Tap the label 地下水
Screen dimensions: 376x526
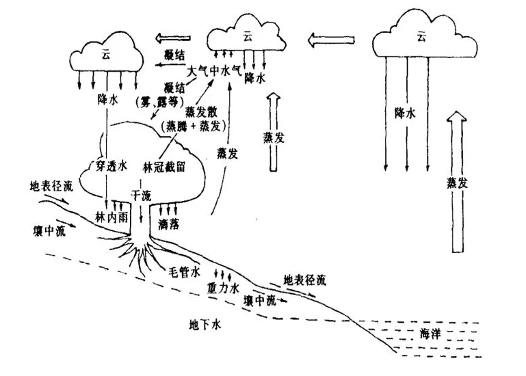pos(206,324)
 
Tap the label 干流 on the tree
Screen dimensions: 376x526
pos(141,196)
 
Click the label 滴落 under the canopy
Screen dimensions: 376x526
pos(168,223)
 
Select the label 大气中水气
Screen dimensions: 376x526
pos(215,70)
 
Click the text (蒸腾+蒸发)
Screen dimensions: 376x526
pos(191,127)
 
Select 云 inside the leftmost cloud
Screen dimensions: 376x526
pos(105,53)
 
